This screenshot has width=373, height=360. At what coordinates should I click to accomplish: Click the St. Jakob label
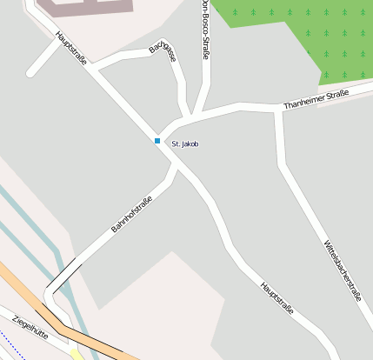[x=185, y=143]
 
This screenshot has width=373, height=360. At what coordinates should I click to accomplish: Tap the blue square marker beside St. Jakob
[x=157, y=141]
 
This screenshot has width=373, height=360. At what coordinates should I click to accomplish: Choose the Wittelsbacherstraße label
[x=342, y=270]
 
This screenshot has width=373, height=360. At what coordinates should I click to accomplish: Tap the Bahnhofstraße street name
[x=131, y=215]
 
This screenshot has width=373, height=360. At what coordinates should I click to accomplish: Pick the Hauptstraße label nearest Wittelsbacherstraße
[x=276, y=298]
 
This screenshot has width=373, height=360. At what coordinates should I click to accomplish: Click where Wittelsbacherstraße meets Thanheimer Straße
[x=278, y=110]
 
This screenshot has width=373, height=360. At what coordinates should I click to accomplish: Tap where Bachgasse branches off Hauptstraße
[x=96, y=67]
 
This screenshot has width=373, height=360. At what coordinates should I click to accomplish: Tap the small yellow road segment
[x=78, y=353]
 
